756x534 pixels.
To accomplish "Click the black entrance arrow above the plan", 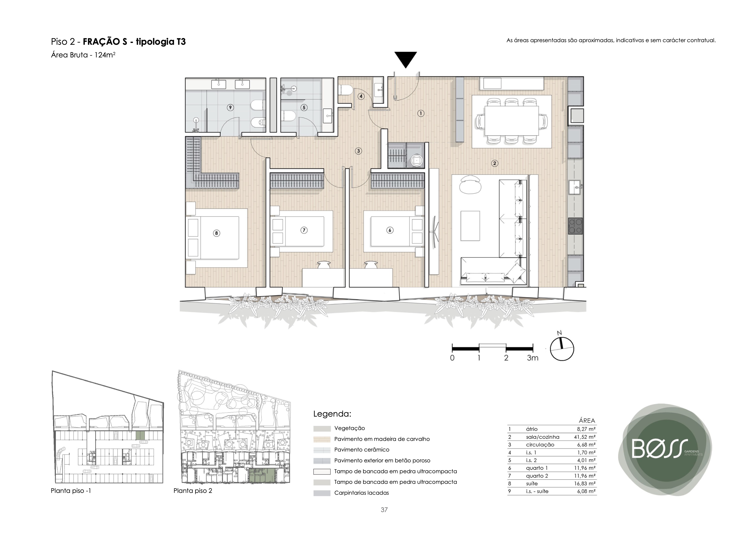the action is pyautogui.click(x=406, y=59).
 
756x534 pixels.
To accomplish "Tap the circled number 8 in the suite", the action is pyautogui.click(x=216, y=233).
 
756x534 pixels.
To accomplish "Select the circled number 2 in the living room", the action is pyautogui.click(x=494, y=163).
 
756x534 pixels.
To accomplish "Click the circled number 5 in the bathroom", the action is pyautogui.click(x=304, y=107).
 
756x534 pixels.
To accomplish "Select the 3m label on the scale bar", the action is pyautogui.click(x=533, y=358).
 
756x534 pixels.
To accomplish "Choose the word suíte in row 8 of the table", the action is pyautogui.click(x=532, y=484).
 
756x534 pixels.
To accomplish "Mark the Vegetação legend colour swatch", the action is pyautogui.click(x=322, y=429).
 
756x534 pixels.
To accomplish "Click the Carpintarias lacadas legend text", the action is pyautogui.click(x=362, y=493).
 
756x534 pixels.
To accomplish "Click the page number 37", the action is pyautogui.click(x=384, y=510).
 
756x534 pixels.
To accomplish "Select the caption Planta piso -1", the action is pyautogui.click(x=71, y=491).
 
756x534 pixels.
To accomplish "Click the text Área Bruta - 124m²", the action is pyautogui.click(x=83, y=55).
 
